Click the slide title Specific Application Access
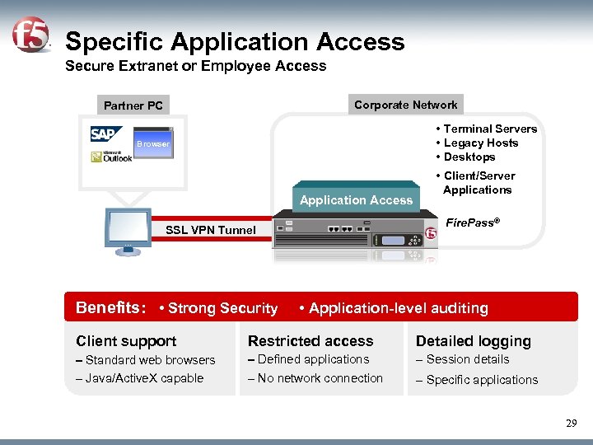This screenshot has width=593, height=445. [235, 42]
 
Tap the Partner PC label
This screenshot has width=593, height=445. [133, 105]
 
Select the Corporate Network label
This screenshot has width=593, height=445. [405, 105]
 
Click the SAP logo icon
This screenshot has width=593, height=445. [104, 134]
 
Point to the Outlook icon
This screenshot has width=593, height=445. [113, 157]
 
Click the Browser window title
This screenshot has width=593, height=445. [153, 144]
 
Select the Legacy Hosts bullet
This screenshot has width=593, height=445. [480, 143]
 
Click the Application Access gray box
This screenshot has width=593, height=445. [356, 199]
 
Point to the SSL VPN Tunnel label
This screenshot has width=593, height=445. [211, 230]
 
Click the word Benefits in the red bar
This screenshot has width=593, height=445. [110, 308]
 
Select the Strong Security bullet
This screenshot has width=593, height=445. [219, 308]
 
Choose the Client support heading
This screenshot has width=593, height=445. [126, 341]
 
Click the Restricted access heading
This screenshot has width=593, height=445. [311, 341]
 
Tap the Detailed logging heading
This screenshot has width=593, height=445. [474, 341]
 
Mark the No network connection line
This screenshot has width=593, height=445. [315, 378]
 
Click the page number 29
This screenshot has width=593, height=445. [572, 423]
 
